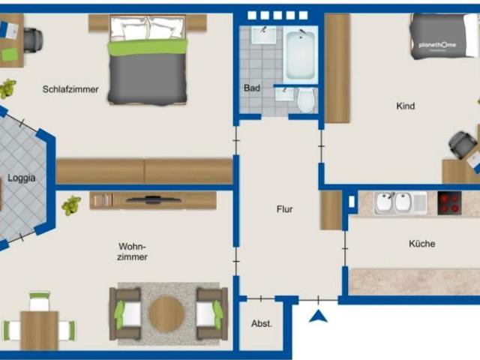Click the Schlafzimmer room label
[x=71, y=89]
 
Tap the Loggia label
[x=21, y=178]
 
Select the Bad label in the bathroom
[x=252, y=88]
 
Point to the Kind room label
[x=405, y=106]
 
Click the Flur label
[x=284, y=209]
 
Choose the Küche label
[x=421, y=244]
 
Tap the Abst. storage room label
[x=261, y=324]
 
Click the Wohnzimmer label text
[x=132, y=251]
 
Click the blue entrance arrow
[x=319, y=316]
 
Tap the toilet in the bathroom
[x=305, y=100]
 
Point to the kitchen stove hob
[x=449, y=202]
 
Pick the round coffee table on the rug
[x=166, y=313]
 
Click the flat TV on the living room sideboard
[x=153, y=199]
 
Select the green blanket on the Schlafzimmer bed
[x=147, y=47]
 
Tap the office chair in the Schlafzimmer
[x=32, y=38]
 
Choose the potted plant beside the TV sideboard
[x=71, y=205]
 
